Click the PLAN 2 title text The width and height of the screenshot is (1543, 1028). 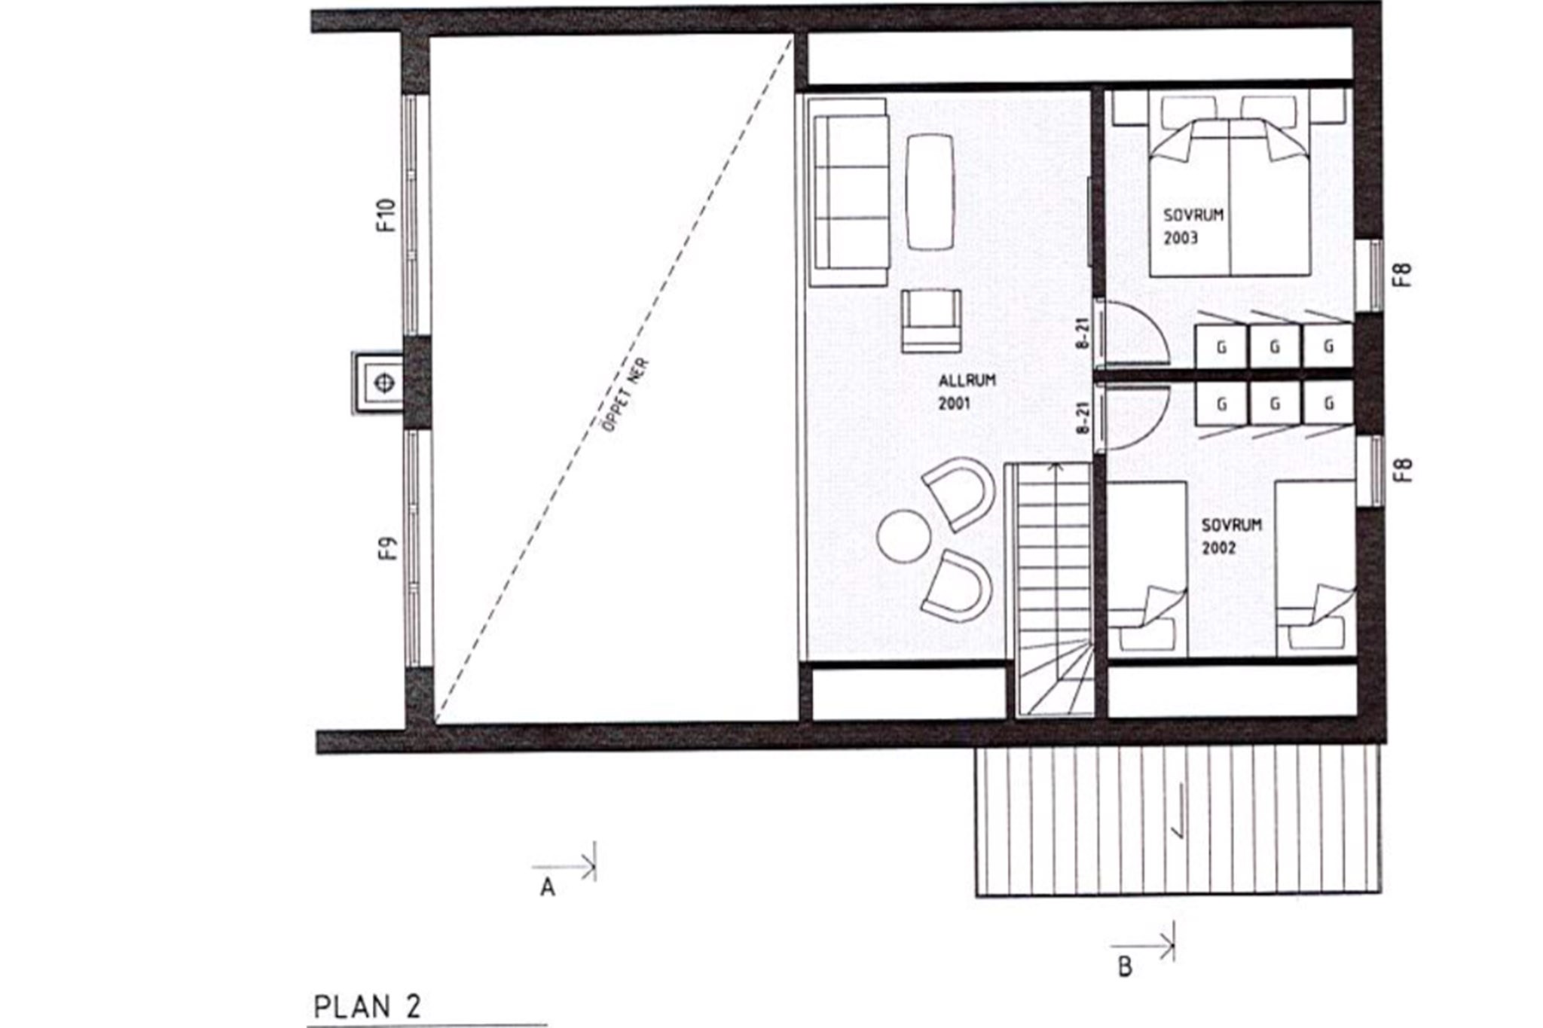click(367, 1008)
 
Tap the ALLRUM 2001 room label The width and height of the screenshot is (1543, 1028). click(967, 392)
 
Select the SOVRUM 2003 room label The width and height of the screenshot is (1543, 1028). click(1193, 227)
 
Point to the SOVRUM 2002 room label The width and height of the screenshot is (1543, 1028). click(1231, 536)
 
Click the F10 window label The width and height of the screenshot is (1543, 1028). click(386, 215)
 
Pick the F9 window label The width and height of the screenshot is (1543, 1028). click(387, 548)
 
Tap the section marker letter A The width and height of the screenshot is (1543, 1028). click(548, 889)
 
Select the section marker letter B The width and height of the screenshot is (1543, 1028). click(1125, 967)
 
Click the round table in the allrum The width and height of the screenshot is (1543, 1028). click(903, 535)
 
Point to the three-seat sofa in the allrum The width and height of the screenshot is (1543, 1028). click(848, 192)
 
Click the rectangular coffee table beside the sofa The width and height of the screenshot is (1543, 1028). click(930, 192)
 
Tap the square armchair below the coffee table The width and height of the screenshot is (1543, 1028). click(931, 322)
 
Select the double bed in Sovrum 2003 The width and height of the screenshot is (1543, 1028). click(1230, 197)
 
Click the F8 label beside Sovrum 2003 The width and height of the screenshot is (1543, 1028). click(1402, 274)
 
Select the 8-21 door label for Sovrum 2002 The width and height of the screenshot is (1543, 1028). click(1083, 418)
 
